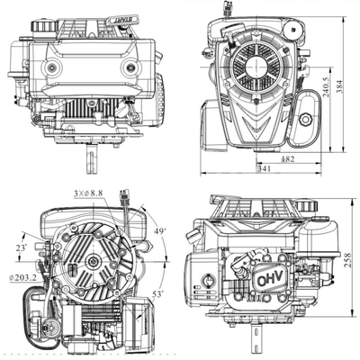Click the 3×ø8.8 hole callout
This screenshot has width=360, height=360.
pyautogui.click(x=90, y=193)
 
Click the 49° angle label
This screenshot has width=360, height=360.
pyautogui.click(x=161, y=233)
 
